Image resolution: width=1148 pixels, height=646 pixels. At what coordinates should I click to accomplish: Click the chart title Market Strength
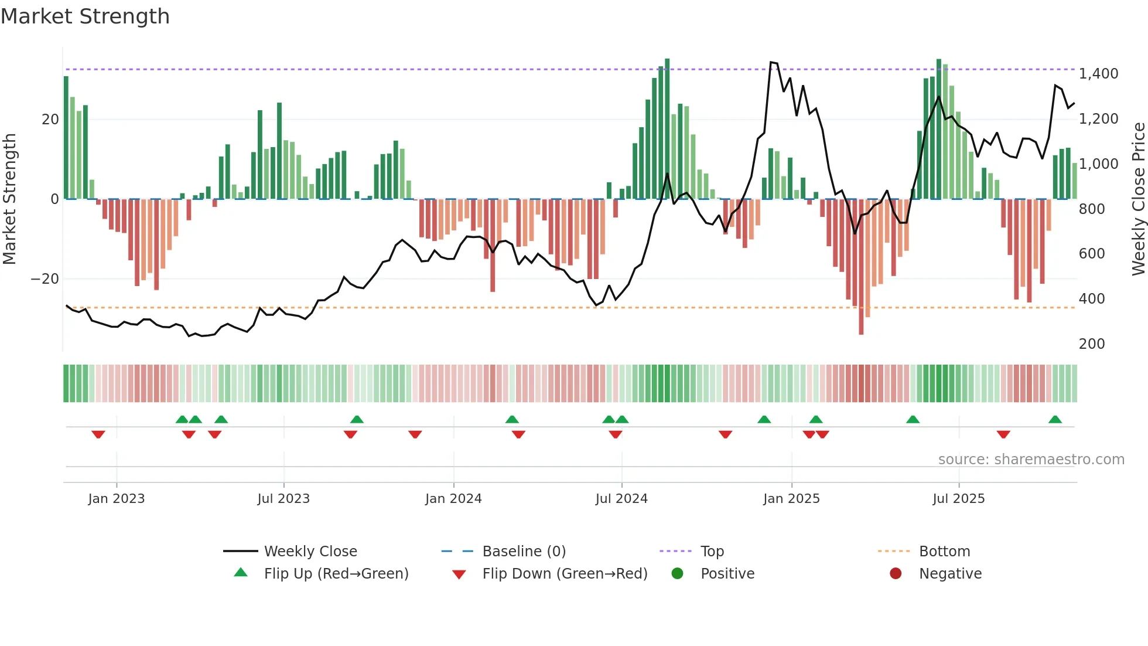(x=86, y=16)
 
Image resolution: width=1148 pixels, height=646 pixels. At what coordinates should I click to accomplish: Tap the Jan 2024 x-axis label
(x=453, y=499)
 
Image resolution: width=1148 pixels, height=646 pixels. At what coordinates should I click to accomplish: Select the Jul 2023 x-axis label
(x=283, y=499)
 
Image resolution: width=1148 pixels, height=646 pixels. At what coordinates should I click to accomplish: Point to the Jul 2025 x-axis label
(x=959, y=499)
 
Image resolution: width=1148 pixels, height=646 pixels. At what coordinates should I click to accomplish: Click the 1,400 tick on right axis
(x=1098, y=74)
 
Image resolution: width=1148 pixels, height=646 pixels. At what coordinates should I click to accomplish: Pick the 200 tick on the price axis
(x=1092, y=344)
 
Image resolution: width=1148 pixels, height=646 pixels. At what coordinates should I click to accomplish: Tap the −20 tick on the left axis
(x=45, y=279)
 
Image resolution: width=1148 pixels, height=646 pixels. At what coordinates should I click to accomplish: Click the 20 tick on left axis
(x=50, y=120)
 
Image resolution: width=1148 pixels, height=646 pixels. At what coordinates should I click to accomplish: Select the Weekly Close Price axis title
(x=1138, y=199)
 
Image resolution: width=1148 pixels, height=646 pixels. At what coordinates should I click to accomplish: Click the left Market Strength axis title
(x=10, y=199)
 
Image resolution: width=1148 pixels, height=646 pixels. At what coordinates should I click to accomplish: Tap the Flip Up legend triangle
(x=241, y=573)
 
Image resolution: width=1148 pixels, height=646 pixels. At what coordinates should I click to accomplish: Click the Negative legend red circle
(x=896, y=573)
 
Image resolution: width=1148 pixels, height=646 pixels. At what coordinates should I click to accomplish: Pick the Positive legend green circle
(x=678, y=573)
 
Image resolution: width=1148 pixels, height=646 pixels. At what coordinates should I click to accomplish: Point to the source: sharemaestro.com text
(x=1031, y=460)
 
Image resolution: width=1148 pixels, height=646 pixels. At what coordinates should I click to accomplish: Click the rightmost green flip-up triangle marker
(x=1055, y=420)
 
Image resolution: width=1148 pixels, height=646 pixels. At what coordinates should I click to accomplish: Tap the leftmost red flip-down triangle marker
(x=98, y=434)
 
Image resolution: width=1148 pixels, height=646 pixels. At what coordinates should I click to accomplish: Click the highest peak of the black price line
(x=771, y=62)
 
